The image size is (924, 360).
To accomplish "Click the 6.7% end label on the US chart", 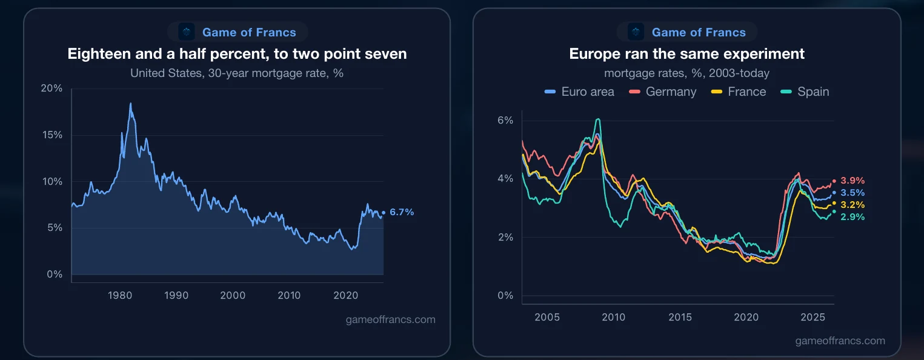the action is tap(401, 212).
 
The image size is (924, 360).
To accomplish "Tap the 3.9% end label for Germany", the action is tap(853, 181).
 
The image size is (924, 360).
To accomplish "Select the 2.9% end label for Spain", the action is tap(853, 217).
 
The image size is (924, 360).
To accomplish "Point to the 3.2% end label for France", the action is tap(853, 205).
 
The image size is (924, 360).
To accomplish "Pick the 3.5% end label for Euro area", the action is tap(853, 193).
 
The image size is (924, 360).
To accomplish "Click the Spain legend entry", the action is tap(805, 92).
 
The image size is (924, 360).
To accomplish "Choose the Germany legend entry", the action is tap(662, 92).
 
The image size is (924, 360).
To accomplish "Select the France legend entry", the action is tap(739, 92).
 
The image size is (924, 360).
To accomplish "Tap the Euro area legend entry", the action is tap(579, 92).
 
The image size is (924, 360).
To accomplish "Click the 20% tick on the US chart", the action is tap(52, 88).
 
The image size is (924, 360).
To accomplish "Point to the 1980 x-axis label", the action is tap(120, 295).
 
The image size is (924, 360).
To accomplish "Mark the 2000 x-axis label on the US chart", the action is tap(233, 295).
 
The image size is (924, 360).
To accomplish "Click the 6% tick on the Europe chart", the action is tap(505, 120).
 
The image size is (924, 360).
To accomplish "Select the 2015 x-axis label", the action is tap(680, 317).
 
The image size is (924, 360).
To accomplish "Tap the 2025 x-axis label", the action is tap(813, 317).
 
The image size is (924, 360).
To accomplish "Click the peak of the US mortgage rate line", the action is tap(131, 103).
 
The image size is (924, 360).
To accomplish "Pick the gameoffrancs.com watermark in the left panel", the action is tap(390, 319).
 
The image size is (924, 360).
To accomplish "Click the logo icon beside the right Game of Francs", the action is tap(636, 32).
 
